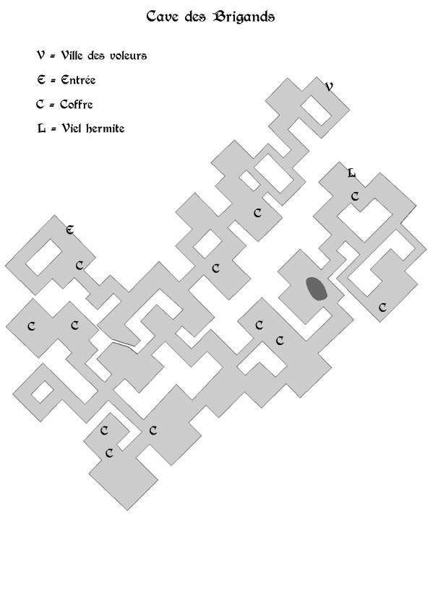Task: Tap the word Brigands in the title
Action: point(244,17)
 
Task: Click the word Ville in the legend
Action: point(72,56)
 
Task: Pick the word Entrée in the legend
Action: point(78,79)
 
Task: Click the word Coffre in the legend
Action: point(77,104)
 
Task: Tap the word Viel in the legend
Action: point(72,128)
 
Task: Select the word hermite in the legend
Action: point(105,128)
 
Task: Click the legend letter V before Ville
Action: point(40,56)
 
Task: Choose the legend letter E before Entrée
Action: point(41,79)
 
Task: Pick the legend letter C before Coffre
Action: point(40,104)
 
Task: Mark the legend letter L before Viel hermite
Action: point(41,128)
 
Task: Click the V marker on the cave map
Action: point(329,87)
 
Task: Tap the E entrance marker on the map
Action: point(70,230)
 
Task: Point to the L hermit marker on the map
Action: point(351,173)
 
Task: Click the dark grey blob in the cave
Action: point(317,289)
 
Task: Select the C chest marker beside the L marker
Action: point(355,196)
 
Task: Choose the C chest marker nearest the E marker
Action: point(79,266)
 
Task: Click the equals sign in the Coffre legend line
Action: point(51,105)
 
